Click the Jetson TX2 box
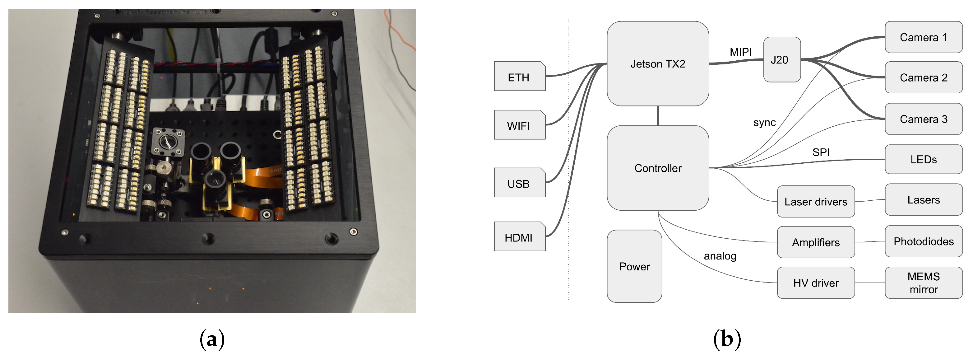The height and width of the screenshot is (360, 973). (657, 63)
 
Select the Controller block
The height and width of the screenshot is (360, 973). (657, 168)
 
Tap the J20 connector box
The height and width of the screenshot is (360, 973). (781, 59)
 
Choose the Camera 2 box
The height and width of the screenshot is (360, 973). (923, 77)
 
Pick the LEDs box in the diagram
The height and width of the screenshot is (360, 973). (923, 159)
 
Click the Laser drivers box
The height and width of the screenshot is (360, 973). (815, 201)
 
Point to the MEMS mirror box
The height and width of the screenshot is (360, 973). (923, 283)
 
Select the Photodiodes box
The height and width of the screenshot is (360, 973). (923, 241)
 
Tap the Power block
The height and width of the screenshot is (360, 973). (634, 266)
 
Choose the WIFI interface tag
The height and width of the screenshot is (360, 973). (519, 125)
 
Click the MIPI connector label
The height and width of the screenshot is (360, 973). (740, 52)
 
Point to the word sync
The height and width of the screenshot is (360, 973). (764, 122)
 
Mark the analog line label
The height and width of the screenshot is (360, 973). (720, 256)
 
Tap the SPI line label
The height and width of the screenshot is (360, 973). (821, 152)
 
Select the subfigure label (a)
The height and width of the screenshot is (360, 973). (212, 339)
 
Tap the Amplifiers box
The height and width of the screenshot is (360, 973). (815, 242)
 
